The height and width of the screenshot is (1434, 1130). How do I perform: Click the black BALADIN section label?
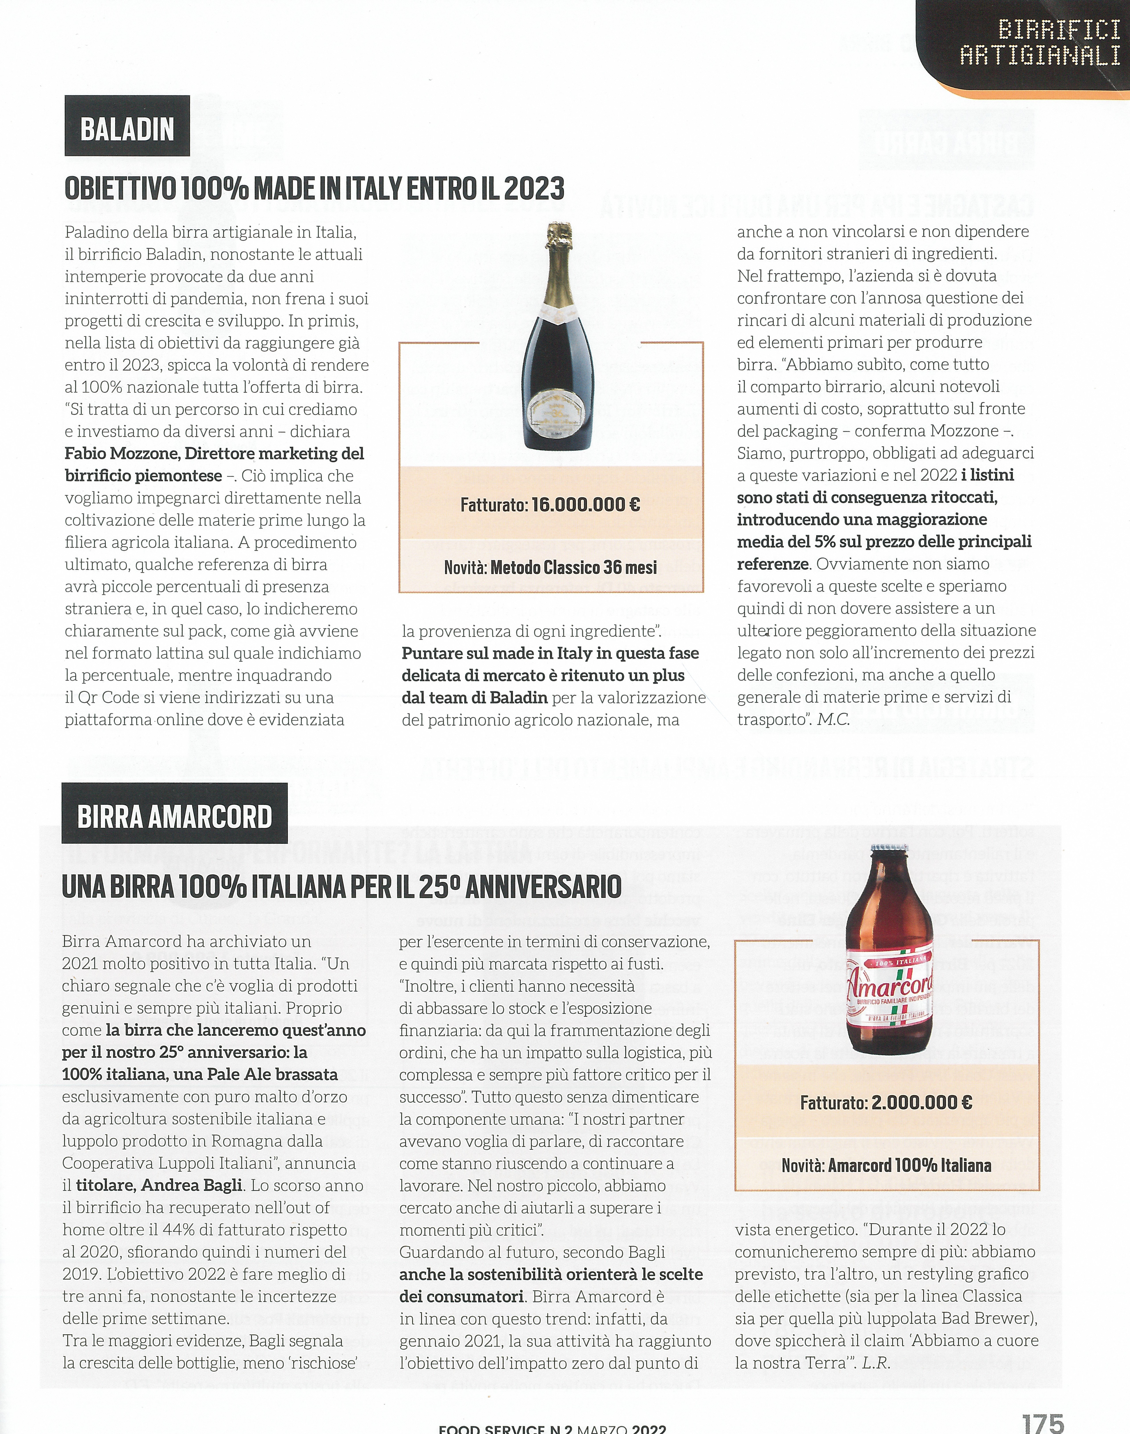point(127,127)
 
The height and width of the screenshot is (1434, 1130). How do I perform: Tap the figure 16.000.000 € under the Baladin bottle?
point(586,505)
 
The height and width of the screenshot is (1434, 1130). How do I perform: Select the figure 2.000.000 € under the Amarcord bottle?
point(922,1103)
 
